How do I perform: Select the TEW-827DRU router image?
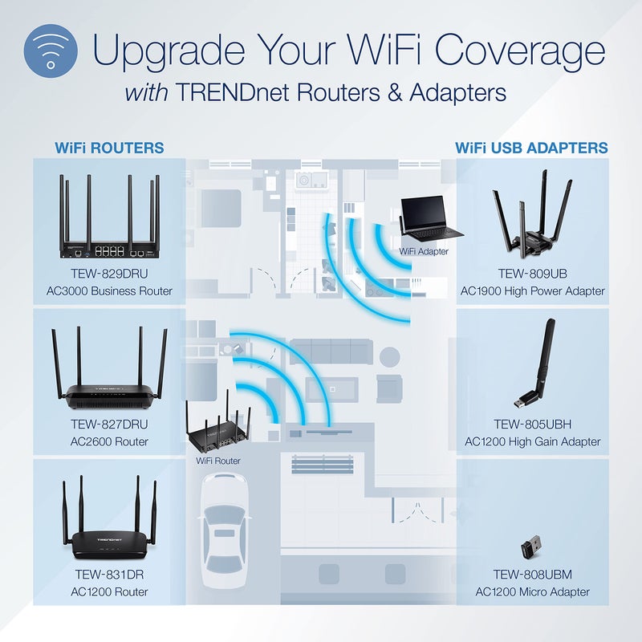point(110,369)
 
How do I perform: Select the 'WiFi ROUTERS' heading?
point(109,148)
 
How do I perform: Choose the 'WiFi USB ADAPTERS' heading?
point(531,148)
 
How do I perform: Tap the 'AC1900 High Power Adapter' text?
point(533,291)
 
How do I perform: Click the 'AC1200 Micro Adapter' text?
point(533,591)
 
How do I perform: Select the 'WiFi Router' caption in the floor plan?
point(218,461)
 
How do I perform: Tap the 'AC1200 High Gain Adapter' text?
point(533,441)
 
